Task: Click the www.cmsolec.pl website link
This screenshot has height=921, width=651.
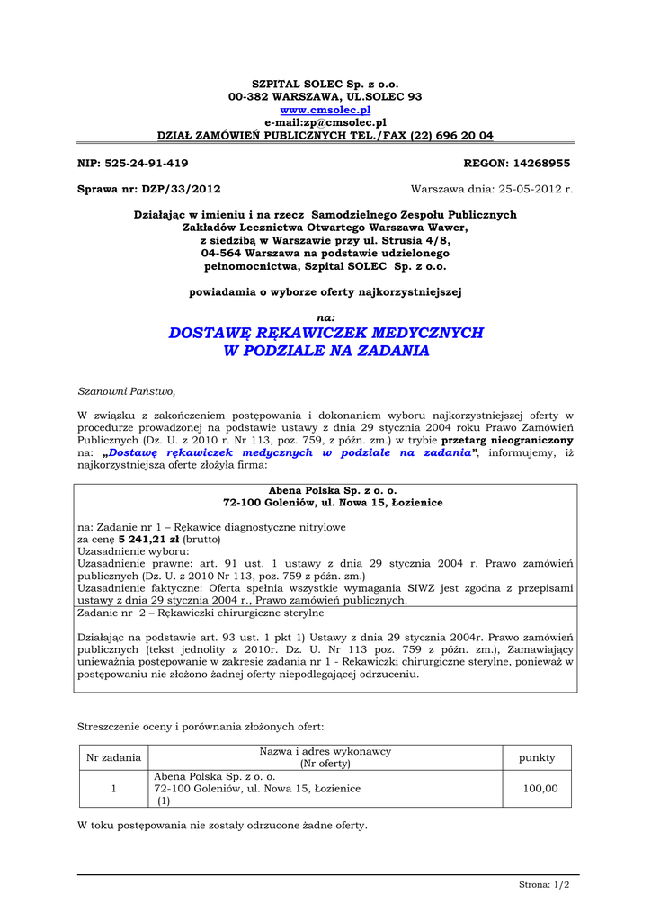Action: pyautogui.click(x=325, y=109)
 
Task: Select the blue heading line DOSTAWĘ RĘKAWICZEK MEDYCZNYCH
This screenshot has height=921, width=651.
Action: pyautogui.click(x=325, y=333)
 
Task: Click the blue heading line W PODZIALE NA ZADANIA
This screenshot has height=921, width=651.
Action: pyautogui.click(x=325, y=351)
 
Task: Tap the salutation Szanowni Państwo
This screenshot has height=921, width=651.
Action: pyautogui.click(x=127, y=391)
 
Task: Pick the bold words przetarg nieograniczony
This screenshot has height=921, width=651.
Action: pyautogui.click(x=508, y=441)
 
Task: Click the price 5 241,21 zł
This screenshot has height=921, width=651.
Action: pyautogui.click(x=149, y=539)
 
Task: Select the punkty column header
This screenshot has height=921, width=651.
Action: pyautogui.click(x=537, y=757)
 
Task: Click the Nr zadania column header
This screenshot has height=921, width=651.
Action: pyautogui.click(x=113, y=757)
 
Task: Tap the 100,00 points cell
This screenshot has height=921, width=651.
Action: pyautogui.click(x=540, y=788)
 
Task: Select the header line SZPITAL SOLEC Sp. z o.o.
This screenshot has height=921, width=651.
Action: pyautogui.click(x=325, y=83)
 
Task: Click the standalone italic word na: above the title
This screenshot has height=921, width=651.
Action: pyautogui.click(x=326, y=317)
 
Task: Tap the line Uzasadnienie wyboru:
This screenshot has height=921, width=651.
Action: pyautogui.click(x=134, y=550)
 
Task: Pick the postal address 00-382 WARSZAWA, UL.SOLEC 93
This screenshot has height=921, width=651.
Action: pyautogui.click(x=325, y=95)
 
